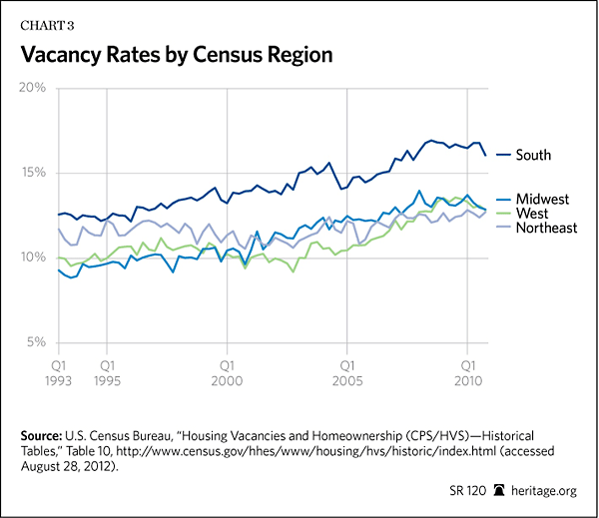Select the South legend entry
[533, 155]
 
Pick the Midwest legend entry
[542, 200]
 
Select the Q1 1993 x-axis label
[59, 372]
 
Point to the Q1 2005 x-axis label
[346, 372]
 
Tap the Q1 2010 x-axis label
[466, 372]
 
